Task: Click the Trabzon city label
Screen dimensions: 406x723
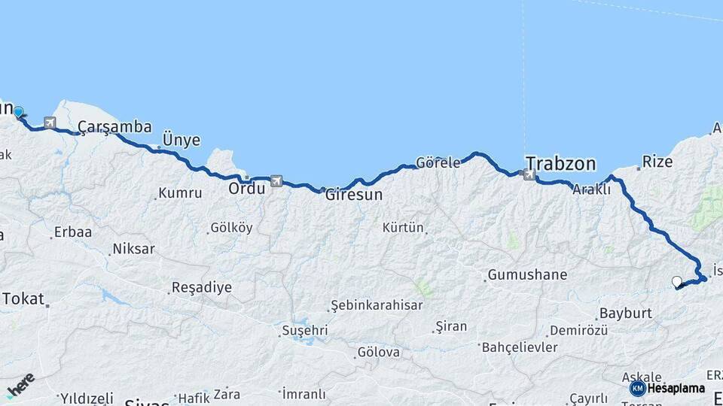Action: point(560,163)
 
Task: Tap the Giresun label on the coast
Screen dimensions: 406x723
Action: point(353,195)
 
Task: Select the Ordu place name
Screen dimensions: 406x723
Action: point(246,188)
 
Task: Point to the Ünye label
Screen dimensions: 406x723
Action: point(182,140)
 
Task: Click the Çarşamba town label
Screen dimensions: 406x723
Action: point(114,127)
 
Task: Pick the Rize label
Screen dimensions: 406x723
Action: point(656,161)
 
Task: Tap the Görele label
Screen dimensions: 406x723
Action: point(438,163)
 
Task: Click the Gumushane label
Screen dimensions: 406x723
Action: point(526,274)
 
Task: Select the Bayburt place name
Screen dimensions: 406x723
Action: point(624,313)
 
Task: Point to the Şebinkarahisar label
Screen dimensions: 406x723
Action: point(376,305)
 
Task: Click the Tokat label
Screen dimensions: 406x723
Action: point(23,298)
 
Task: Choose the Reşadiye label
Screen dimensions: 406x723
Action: point(201,286)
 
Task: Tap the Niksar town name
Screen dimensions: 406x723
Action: point(133,248)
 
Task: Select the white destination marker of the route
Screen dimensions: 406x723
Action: point(676,282)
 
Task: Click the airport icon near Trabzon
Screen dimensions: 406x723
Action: point(529,175)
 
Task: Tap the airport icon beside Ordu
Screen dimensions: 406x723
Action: point(276,181)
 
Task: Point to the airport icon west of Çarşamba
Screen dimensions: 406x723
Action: point(50,123)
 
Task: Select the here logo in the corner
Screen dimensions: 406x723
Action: point(20,384)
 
